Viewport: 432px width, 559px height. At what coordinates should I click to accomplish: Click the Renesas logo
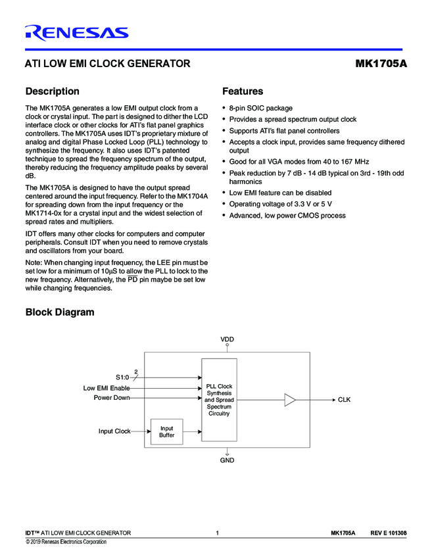pos(76,32)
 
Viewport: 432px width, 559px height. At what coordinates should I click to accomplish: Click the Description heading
pos(52,91)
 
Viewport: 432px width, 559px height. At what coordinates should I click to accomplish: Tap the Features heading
pos(243,91)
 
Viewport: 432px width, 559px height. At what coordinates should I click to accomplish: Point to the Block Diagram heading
pos(59,312)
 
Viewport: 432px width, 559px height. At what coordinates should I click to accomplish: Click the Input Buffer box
pos(166,431)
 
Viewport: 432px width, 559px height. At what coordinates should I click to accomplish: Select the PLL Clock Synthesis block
pos(219,400)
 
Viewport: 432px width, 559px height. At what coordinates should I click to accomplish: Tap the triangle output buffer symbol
pos(290,400)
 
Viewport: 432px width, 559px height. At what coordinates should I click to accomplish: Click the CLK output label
pos(345,400)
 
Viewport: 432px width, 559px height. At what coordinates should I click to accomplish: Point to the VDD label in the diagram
pos(227,339)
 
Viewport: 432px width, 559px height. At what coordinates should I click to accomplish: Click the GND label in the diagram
pos(227,460)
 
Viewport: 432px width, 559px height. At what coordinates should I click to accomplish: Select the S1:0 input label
pos(123,377)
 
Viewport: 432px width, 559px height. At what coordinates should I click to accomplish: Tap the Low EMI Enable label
pos(107,388)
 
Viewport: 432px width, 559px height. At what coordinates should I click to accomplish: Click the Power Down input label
pos(111,397)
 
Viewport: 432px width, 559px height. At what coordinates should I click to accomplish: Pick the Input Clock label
pos(114,431)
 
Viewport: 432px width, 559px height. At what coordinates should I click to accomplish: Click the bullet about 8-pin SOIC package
pos(260,108)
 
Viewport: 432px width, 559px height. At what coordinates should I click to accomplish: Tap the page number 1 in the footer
pos(216,533)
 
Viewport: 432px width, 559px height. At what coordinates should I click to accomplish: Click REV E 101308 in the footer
pos(388,533)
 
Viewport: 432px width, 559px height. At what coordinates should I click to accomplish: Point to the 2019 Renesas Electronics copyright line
pos(66,542)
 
